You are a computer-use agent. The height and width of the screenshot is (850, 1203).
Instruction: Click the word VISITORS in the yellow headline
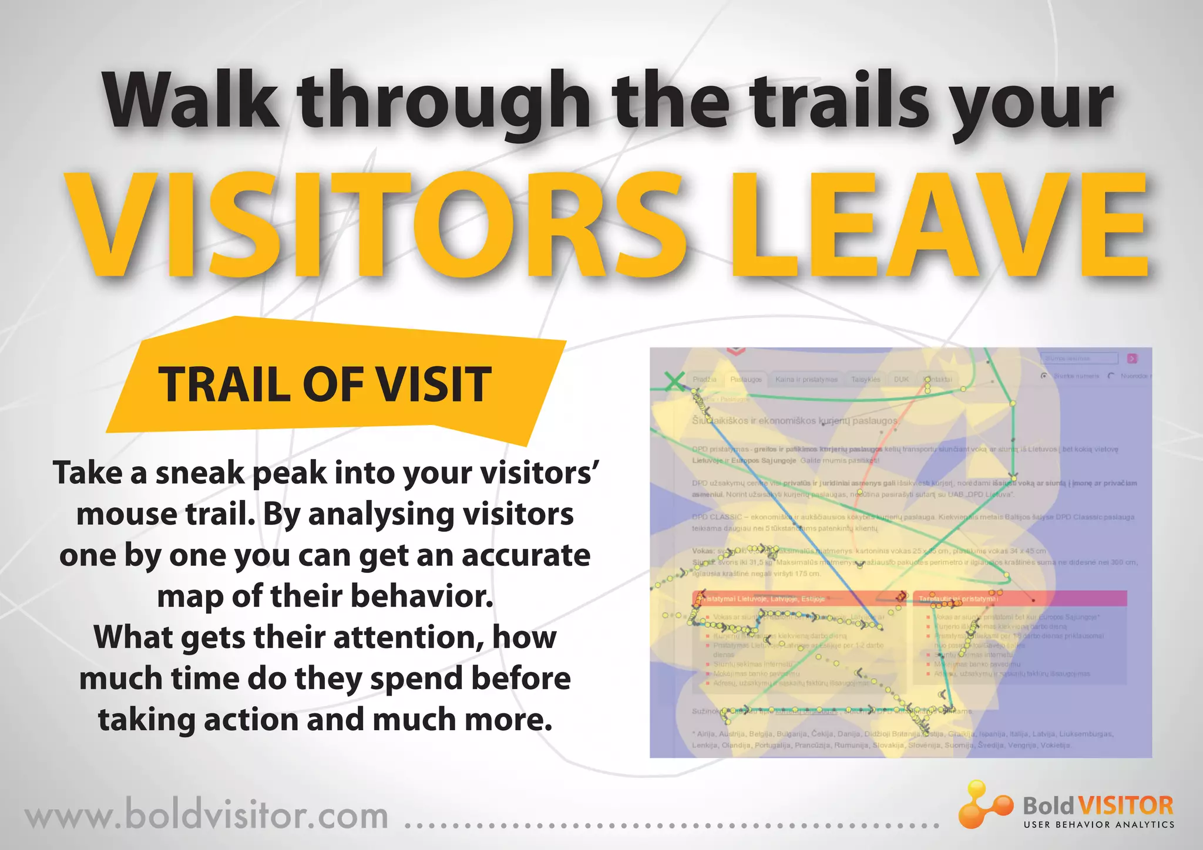[x=376, y=226]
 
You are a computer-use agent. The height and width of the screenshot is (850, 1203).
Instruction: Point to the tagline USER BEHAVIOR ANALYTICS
[x=1098, y=825]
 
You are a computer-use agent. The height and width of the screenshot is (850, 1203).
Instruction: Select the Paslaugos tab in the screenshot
[x=745, y=380]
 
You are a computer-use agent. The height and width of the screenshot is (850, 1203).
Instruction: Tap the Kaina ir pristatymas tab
[x=806, y=380]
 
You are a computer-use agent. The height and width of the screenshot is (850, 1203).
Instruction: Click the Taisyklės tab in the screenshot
[x=865, y=380]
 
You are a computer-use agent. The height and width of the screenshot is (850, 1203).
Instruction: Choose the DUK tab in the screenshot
[x=901, y=380]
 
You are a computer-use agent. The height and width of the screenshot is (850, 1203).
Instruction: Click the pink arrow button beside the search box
[x=1132, y=358]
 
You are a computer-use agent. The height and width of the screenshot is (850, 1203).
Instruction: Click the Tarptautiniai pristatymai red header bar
[x=1020, y=598]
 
